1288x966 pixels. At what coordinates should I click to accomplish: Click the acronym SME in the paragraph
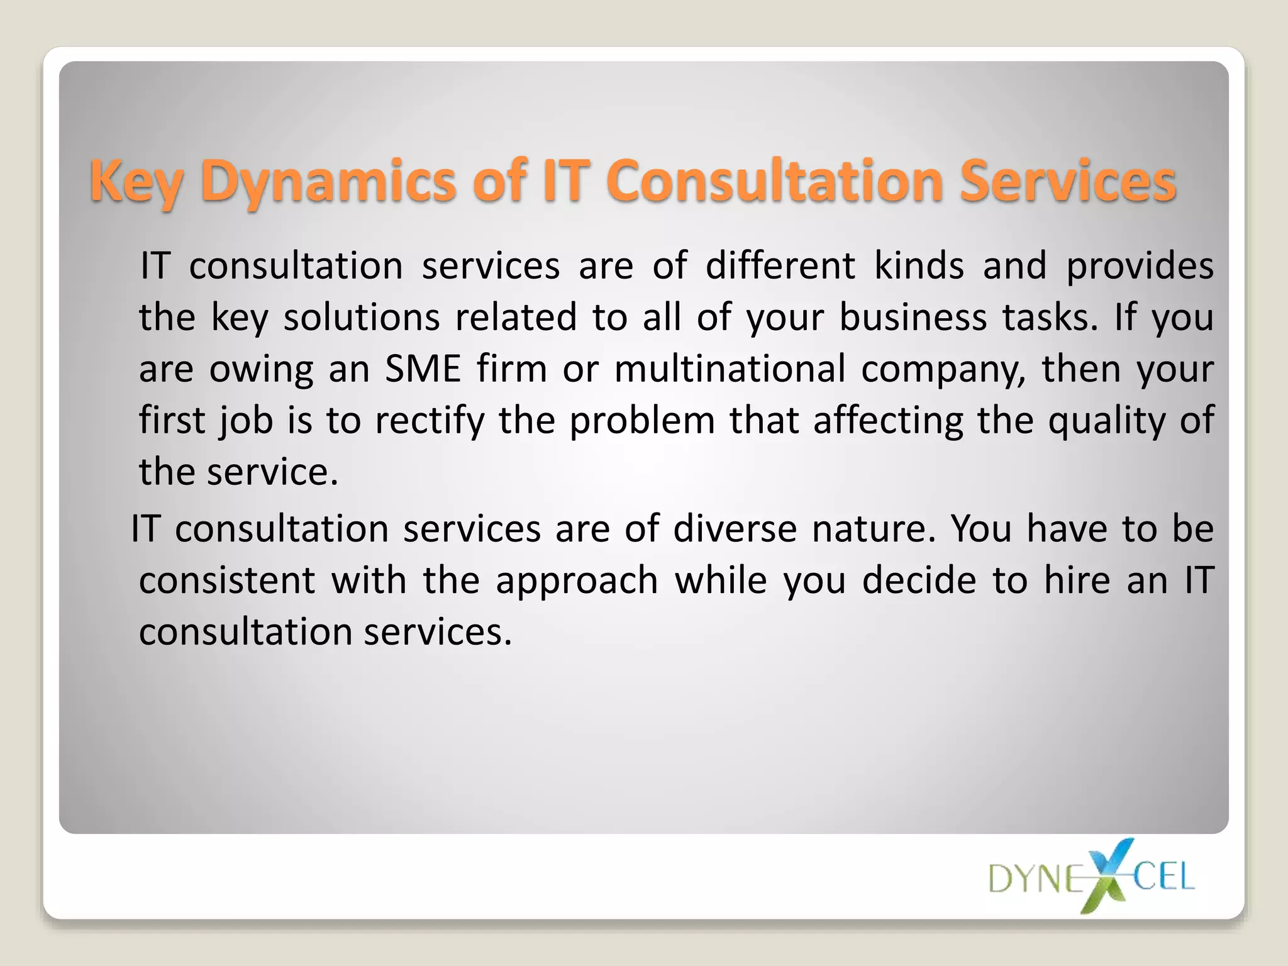point(423,369)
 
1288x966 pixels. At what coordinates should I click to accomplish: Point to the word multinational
point(730,369)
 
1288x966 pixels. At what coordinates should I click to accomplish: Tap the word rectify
point(430,420)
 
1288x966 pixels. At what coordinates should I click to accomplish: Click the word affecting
point(887,420)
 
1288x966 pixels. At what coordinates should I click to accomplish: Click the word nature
point(874,528)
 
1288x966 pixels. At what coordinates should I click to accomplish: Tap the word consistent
point(227,580)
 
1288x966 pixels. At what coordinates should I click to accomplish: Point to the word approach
point(577,581)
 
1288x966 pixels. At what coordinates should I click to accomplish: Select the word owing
point(261,370)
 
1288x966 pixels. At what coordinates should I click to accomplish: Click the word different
point(780,265)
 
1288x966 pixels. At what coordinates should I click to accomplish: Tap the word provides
point(1140,267)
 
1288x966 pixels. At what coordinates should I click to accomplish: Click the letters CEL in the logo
point(1163,876)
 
